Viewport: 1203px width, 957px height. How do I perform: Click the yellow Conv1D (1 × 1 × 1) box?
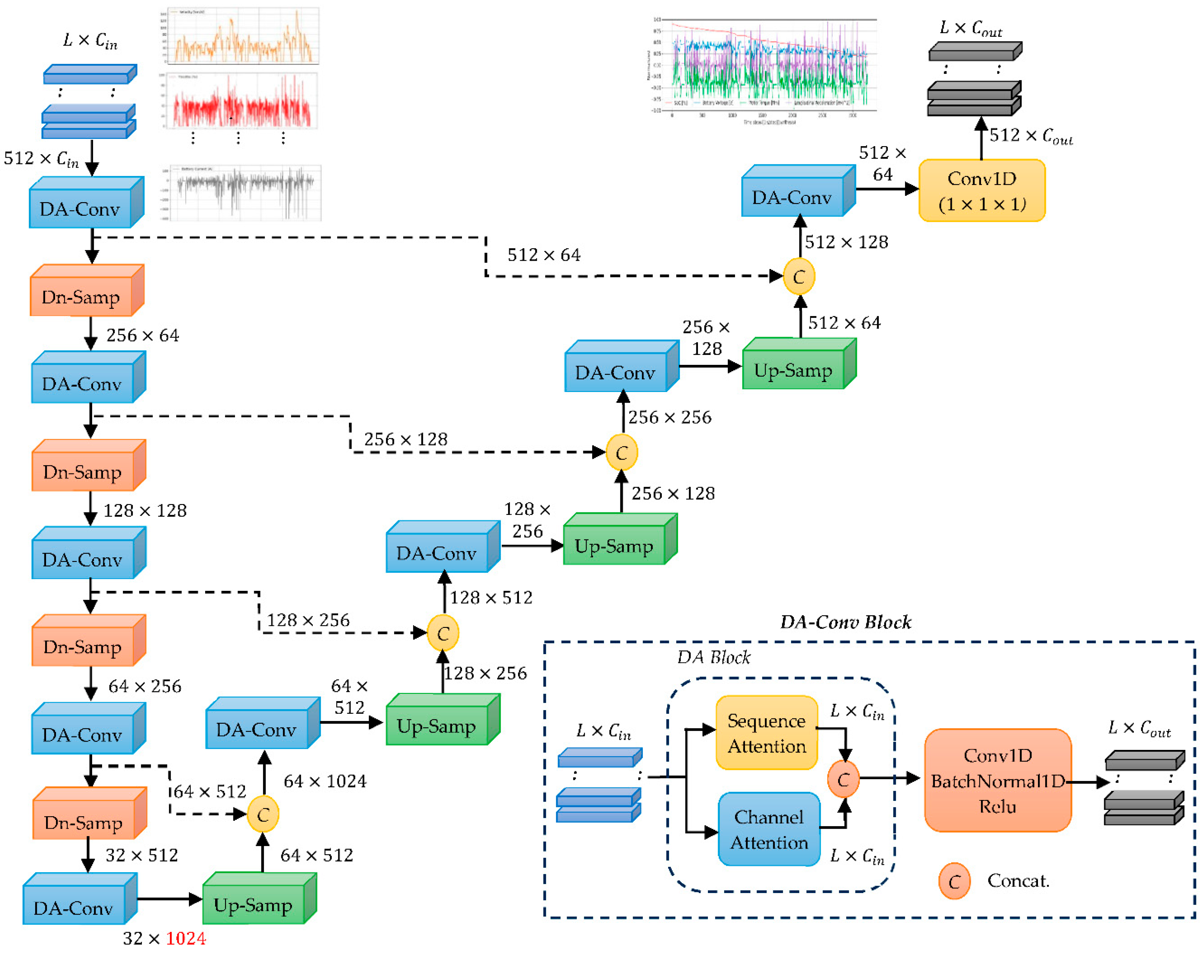(x=982, y=191)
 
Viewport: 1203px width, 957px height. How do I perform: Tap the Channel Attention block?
(x=769, y=829)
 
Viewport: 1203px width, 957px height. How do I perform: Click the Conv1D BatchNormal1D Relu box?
(x=997, y=780)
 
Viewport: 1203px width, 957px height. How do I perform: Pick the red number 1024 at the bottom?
(x=186, y=938)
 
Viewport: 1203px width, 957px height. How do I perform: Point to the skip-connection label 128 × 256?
(x=308, y=620)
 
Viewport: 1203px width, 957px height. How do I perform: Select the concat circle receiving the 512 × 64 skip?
(x=798, y=277)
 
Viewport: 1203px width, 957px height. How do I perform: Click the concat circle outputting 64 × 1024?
(x=263, y=815)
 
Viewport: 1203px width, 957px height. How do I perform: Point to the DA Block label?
(x=713, y=657)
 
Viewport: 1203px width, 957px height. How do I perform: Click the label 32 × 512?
(x=142, y=855)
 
